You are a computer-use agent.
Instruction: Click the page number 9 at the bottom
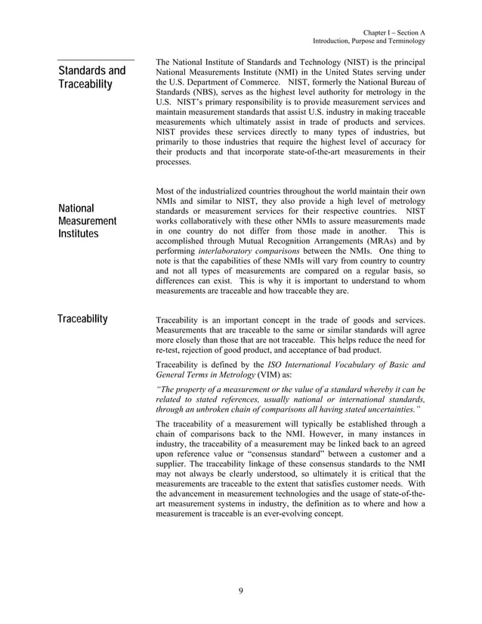click(x=241, y=591)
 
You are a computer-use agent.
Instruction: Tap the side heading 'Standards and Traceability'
click(x=91, y=78)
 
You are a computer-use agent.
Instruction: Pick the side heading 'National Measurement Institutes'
click(x=87, y=221)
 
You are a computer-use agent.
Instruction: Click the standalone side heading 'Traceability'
click(x=82, y=318)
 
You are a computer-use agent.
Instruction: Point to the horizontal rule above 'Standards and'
click(x=96, y=59)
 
